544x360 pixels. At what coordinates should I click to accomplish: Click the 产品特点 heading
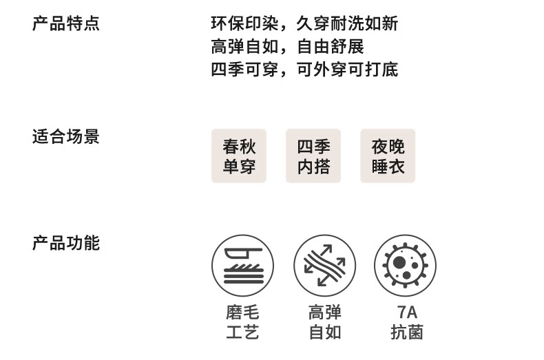click(66, 23)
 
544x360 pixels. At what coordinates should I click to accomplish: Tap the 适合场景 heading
click(66, 136)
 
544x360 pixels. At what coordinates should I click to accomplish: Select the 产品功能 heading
click(66, 243)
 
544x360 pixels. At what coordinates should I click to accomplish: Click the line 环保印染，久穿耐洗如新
click(304, 23)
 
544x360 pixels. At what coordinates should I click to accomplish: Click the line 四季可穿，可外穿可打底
click(304, 69)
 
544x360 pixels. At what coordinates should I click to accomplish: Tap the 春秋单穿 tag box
click(239, 156)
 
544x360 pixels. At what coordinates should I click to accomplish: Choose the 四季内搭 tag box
click(313, 156)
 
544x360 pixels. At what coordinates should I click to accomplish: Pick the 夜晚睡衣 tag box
click(388, 156)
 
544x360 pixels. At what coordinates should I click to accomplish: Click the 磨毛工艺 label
click(242, 323)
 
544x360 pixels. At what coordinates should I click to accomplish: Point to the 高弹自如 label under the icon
click(324, 323)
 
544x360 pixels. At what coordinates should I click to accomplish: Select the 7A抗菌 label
click(406, 323)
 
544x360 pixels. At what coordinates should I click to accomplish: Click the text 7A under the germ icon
click(406, 313)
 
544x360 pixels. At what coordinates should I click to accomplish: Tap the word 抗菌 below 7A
click(406, 333)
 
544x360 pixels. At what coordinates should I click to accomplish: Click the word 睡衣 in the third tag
click(388, 167)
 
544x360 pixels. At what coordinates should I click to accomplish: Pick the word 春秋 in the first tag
click(239, 147)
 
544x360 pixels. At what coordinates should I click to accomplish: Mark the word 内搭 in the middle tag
click(313, 167)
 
